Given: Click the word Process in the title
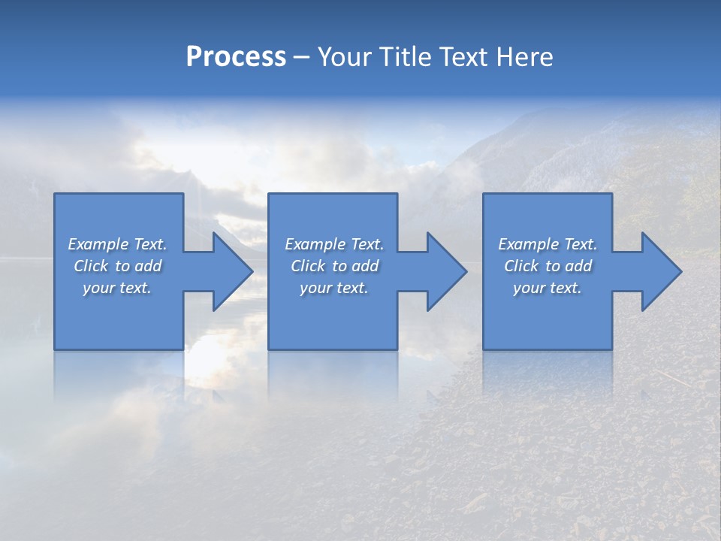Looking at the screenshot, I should click(236, 57).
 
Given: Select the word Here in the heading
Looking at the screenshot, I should click(525, 57).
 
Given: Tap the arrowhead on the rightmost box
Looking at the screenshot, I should click(660, 271).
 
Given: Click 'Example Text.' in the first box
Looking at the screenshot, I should click(117, 244).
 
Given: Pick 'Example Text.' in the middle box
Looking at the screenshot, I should click(334, 244).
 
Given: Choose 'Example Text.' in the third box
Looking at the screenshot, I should click(548, 244).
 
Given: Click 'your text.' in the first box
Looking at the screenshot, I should click(117, 288).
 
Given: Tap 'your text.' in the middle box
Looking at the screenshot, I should click(334, 288).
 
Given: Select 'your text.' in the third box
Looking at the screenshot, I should click(548, 288).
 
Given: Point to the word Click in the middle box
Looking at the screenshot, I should click(308, 266).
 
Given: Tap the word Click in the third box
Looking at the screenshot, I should click(521, 266).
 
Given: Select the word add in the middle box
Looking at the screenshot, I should click(365, 266).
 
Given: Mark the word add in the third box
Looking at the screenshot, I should click(578, 266).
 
